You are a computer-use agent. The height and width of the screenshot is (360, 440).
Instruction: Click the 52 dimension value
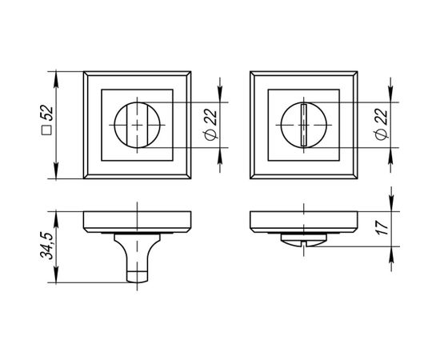click(48, 113)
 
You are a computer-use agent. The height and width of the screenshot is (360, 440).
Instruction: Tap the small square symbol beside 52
click(46, 130)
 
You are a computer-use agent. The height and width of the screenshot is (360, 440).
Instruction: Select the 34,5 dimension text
click(46, 246)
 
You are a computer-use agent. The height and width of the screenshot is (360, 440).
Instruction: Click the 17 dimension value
click(382, 228)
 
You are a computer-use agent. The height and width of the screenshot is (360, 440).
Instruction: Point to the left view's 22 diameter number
click(210, 117)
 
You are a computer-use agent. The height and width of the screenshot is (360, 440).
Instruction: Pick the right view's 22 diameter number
click(382, 117)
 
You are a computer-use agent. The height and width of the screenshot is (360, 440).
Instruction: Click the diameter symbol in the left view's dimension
click(211, 134)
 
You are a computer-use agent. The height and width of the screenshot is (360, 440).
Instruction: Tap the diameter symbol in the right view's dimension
click(382, 134)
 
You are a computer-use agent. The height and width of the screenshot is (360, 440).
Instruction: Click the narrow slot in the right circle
click(304, 125)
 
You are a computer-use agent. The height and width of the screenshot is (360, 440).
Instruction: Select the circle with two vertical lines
click(138, 125)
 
